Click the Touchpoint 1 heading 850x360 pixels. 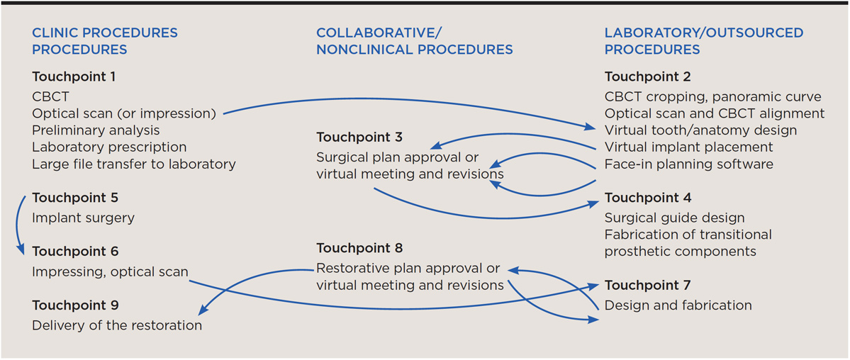[74, 77]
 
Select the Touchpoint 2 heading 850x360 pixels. [647, 77]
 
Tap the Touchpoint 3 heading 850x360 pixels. [359, 137]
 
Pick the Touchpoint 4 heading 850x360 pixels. [648, 198]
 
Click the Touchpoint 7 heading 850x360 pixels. [647, 285]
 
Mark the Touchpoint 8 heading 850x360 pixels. [359, 248]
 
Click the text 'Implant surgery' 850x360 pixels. [83, 218]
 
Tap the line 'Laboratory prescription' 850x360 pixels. [109, 147]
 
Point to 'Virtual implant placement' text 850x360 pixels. [688, 147]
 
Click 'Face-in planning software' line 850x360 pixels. [688, 164]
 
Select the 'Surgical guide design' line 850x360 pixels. [674, 218]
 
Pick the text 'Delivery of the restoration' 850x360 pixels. [117, 325]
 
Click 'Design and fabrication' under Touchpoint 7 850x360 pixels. [678, 305]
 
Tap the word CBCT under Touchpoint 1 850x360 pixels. [50, 96]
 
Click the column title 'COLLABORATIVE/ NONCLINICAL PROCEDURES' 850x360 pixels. [414, 41]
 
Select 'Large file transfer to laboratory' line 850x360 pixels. [133, 164]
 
